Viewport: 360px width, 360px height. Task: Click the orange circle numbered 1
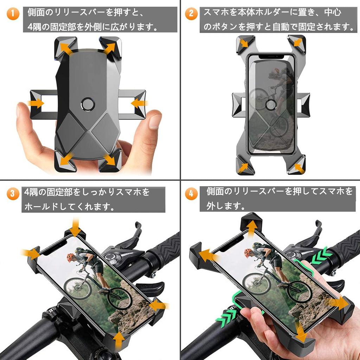(x=13, y=14)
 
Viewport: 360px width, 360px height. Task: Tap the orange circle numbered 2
(x=191, y=14)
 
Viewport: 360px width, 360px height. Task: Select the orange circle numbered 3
(x=13, y=194)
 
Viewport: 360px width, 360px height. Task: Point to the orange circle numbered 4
(x=191, y=194)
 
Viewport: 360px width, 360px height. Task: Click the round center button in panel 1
(x=88, y=104)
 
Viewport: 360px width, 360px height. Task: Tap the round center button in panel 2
(x=271, y=105)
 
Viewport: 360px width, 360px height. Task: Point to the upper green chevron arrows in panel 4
(x=321, y=255)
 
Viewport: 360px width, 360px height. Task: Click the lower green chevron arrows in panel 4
(x=226, y=317)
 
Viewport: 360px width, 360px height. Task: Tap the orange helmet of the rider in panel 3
(x=70, y=258)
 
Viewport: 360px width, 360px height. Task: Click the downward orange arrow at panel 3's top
(x=75, y=227)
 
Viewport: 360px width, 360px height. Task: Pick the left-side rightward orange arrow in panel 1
(x=36, y=103)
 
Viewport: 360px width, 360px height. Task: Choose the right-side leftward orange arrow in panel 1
(x=139, y=103)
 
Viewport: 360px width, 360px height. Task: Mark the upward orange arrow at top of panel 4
(x=252, y=229)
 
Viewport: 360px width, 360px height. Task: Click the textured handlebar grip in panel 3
(x=165, y=248)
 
